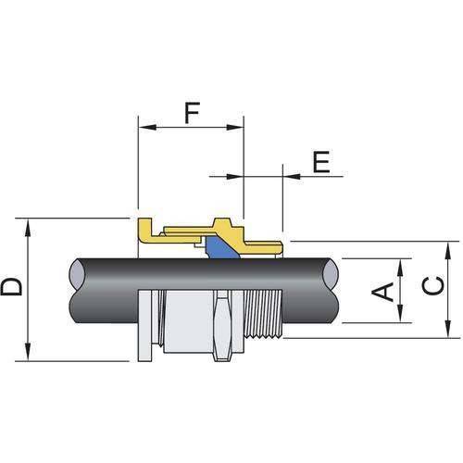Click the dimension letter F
click(x=191, y=114)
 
